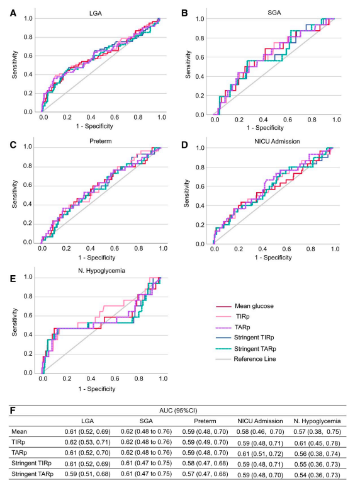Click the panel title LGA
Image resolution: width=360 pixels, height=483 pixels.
[96, 13]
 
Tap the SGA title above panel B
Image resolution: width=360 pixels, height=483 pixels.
[274, 13]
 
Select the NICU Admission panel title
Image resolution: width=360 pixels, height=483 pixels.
[277, 142]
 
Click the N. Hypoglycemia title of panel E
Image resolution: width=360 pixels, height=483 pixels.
[101, 270]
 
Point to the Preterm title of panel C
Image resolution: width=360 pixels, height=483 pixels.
[101, 141]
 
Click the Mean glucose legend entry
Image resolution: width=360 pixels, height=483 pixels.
[254, 306]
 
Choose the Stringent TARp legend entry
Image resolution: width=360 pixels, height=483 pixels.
[255, 349]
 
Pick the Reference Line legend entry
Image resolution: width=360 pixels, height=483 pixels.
[255, 359]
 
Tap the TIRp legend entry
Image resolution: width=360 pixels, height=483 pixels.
[243, 316]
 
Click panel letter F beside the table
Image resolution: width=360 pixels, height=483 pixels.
[13, 411]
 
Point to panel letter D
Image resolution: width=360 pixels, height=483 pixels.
[184, 144]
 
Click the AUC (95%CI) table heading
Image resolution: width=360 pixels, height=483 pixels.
[178, 411]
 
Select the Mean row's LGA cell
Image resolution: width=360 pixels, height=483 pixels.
[87, 431]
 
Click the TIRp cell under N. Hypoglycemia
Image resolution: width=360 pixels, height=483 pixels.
[317, 443]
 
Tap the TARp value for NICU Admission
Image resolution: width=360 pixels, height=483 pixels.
[260, 454]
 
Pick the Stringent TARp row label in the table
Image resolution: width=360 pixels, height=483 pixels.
[32, 474]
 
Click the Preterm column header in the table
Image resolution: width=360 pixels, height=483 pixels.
[205, 421]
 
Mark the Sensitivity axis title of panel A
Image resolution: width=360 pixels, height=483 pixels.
[14, 65]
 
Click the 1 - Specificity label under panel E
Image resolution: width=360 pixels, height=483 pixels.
[97, 389]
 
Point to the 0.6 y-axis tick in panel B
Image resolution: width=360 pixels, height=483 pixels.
[200, 57]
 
